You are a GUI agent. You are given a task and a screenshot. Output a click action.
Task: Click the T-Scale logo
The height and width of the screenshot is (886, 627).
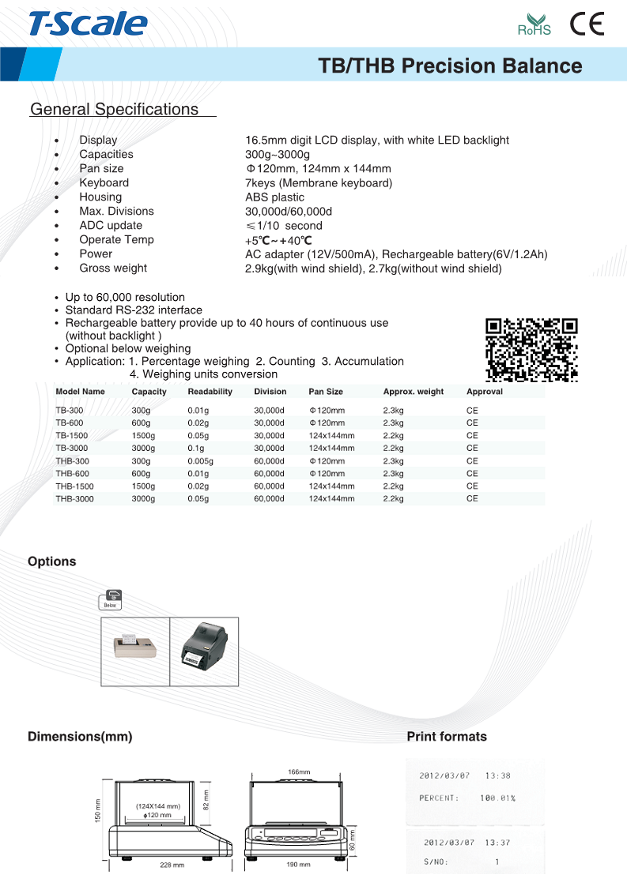tap(88, 24)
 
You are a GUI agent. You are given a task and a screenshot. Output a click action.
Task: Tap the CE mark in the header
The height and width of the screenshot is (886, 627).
tap(587, 24)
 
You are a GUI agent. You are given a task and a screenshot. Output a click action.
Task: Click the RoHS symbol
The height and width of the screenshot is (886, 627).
tap(534, 25)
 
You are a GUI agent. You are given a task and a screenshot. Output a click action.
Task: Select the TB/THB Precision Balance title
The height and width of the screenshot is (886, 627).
tap(450, 66)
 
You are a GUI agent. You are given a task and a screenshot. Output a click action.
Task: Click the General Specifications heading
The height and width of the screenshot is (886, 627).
tap(115, 110)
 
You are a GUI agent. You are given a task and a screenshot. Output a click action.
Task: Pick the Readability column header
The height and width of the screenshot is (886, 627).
tap(210, 392)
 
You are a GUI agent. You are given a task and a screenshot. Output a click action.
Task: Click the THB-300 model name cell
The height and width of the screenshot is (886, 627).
tap(72, 461)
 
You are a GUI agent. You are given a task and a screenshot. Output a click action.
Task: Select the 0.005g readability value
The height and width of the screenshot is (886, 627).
tap(200, 461)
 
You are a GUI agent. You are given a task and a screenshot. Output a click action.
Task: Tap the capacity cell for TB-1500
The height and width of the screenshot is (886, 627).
tap(143, 436)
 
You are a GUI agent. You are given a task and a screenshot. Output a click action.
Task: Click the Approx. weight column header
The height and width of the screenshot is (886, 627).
tap(413, 392)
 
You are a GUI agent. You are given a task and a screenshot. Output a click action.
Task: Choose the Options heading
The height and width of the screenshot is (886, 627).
tap(52, 561)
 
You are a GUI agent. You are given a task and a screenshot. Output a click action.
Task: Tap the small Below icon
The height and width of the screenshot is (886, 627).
tap(111, 599)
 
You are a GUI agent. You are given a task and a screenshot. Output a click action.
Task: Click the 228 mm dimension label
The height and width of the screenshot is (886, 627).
tap(172, 865)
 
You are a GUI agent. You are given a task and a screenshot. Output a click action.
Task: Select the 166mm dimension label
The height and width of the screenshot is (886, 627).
tap(298, 771)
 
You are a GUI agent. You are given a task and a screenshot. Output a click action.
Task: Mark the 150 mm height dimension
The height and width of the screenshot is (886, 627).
tap(97, 810)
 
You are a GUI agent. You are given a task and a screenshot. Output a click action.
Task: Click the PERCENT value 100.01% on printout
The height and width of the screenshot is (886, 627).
tap(497, 798)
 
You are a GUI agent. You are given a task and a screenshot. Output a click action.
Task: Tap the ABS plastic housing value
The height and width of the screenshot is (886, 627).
tap(274, 197)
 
